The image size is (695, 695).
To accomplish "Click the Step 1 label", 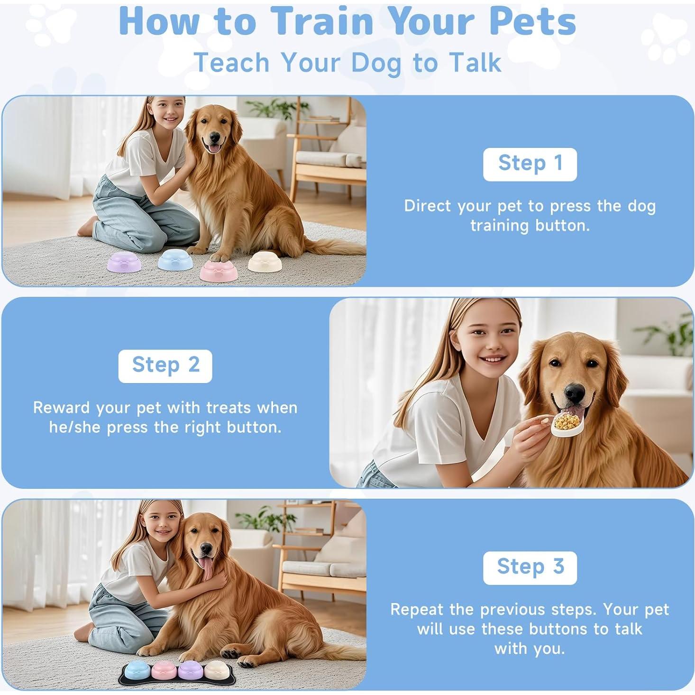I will [530, 164].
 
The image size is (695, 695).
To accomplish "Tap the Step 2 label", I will [165, 366].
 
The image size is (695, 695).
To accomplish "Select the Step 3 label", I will [530, 567].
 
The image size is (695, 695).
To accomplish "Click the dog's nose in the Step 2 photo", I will [575, 392].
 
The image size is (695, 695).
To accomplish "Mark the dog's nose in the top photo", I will [214, 138].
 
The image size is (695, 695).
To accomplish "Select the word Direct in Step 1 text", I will [428, 206].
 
